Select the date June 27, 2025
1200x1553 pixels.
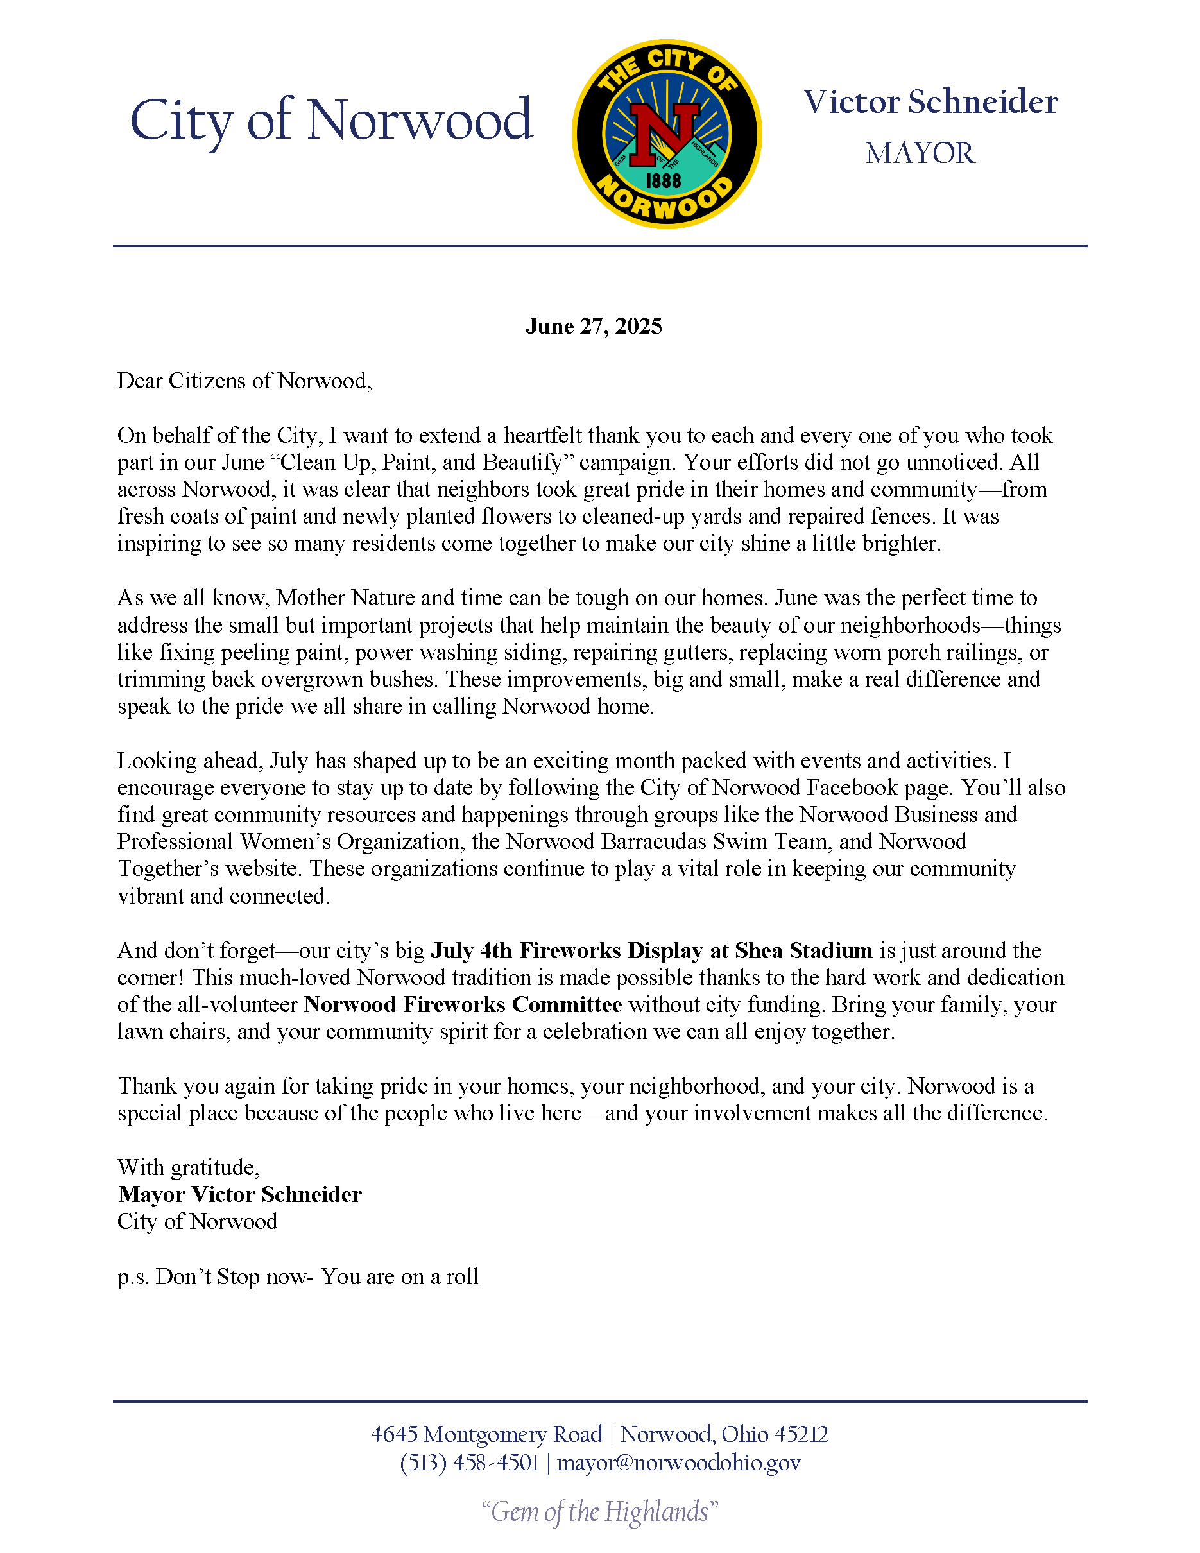click(x=594, y=327)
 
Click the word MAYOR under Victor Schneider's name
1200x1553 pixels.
click(x=920, y=153)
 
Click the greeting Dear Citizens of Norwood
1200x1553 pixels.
click(x=244, y=381)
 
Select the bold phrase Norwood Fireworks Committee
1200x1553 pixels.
click(x=463, y=1005)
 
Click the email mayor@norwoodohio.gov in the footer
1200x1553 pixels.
click(x=679, y=1463)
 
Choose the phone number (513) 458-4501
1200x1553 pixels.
click(x=470, y=1463)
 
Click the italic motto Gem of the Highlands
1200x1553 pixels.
click(x=600, y=1512)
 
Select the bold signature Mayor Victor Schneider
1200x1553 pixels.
click(x=239, y=1195)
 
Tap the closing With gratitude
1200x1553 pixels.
click(x=189, y=1167)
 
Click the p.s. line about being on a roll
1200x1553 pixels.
click(x=298, y=1277)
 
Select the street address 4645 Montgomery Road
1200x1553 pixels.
click(x=486, y=1434)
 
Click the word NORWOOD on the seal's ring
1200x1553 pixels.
click(x=665, y=204)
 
